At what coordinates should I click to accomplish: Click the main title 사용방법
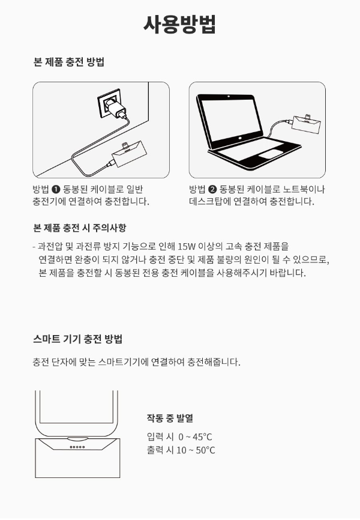pos(179,24)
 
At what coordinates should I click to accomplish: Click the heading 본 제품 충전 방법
pos(69,62)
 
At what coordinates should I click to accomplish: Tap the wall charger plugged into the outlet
pos(115,107)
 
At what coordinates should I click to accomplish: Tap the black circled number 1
pos(56,189)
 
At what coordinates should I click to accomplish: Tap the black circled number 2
pos(212,189)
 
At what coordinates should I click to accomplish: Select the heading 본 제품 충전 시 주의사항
pos(80,228)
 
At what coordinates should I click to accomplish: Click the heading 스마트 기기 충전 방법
pos(78,339)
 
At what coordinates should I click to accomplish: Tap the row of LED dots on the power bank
pos(77,447)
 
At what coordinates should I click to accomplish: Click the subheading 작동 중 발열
pos(170,418)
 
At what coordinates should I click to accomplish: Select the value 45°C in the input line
pos(202,437)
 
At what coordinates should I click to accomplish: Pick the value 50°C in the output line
pos(206,450)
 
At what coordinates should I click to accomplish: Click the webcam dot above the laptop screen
pos(229,97)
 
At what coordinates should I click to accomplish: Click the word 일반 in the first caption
pos(134,189)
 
